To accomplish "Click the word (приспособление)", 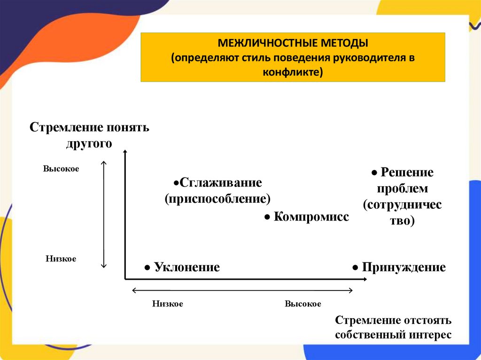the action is (x=217, y=198).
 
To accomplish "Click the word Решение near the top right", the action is (x=407, y=172).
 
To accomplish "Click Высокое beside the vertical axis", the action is (x=61, y=169).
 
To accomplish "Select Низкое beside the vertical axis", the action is (x=61, y=259).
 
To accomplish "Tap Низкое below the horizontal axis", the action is (x=167, y=304).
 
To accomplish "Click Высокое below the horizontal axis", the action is (x=303, y=304).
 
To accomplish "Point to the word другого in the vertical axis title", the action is (x=89, y=143).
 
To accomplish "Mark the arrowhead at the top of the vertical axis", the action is (x=125, y=152).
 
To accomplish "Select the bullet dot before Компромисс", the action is (x=266, y=217).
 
